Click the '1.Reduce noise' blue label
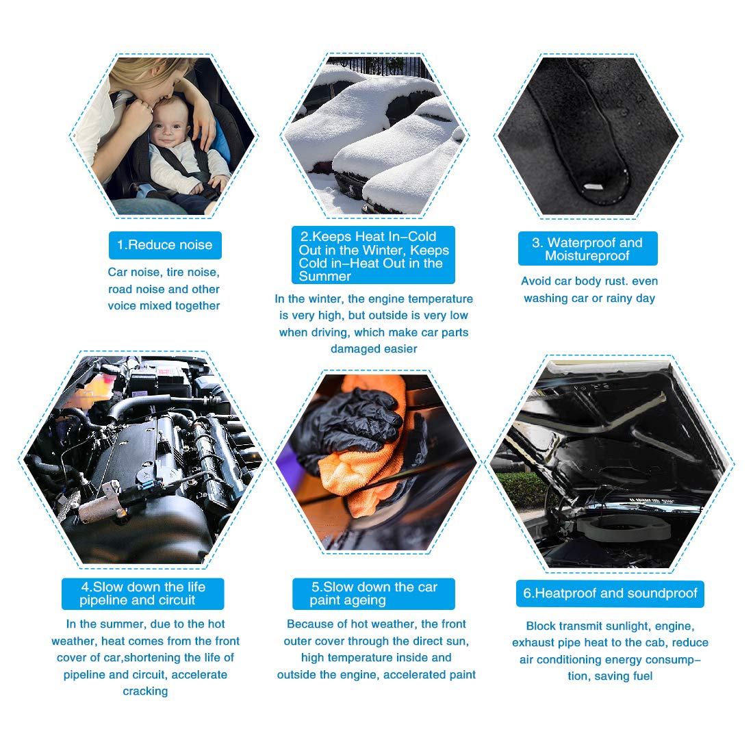pos(165,245)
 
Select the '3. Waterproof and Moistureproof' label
pos(587,248)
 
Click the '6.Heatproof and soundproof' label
pos(610,594)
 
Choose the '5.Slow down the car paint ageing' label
pos(374,594)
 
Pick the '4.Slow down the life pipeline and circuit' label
pos(142,594)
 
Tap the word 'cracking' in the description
pos(145,691)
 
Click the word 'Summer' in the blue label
pos(324,277)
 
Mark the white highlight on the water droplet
pos(594,187)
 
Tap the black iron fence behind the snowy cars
pos(379,66)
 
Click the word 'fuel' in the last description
pos(642,676)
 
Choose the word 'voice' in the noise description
pos(122,306)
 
